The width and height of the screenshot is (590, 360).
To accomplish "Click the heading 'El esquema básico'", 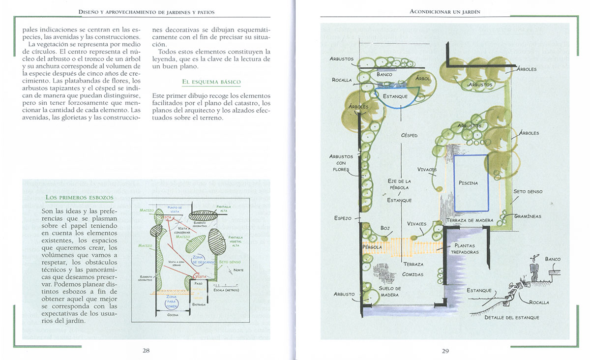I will [211, 82].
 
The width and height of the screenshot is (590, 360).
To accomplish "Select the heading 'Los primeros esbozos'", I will [79, 198].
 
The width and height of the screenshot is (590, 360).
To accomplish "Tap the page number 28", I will [146, 351].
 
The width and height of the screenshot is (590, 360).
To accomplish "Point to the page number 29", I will [445, 351].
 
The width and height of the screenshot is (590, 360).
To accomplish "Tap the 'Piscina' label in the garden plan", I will [468, 183].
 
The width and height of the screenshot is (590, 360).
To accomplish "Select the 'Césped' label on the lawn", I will [409, 135].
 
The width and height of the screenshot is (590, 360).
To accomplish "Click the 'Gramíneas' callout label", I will [528, 216].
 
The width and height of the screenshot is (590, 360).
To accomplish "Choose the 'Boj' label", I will [385, 228].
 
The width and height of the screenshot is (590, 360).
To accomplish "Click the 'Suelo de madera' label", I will [390, 292].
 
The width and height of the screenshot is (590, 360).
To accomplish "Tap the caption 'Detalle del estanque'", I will [511, 318].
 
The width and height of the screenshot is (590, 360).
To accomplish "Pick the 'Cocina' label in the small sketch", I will [173, 315].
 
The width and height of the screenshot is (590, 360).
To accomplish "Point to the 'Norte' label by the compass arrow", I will [238, 270].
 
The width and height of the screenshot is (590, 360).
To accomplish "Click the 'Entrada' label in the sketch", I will [199, 305].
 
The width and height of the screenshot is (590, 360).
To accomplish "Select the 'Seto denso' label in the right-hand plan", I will [528, 191].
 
